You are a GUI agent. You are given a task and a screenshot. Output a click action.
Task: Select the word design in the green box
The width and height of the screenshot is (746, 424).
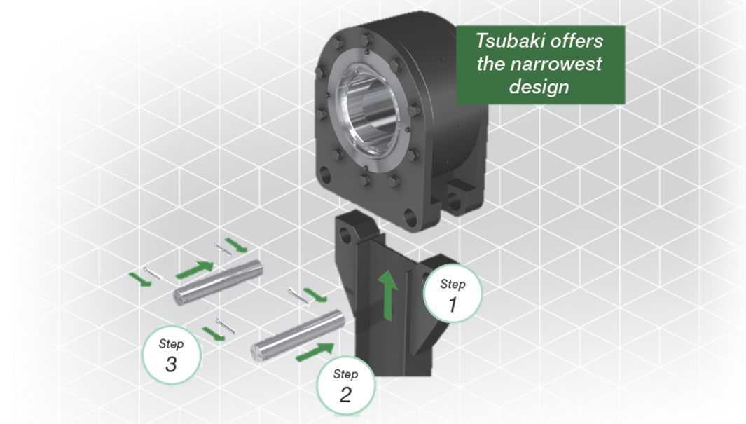point(539,87)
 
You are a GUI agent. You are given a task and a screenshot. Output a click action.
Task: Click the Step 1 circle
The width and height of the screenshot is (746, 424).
point(453,294)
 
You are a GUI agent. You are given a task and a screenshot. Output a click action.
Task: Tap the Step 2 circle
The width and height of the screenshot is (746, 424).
point(346,385)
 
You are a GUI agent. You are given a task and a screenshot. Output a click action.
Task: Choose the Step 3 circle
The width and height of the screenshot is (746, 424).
point(172,355)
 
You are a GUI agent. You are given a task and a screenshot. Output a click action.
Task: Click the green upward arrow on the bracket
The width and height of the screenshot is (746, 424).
point(388,295)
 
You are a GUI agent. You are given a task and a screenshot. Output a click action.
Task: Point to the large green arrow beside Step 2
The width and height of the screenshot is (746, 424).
point(315,352)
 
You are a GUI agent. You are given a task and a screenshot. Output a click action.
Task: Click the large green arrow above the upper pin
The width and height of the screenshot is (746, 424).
point(195,269)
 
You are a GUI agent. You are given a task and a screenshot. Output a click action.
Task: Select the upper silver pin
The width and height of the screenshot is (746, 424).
point(218,282)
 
